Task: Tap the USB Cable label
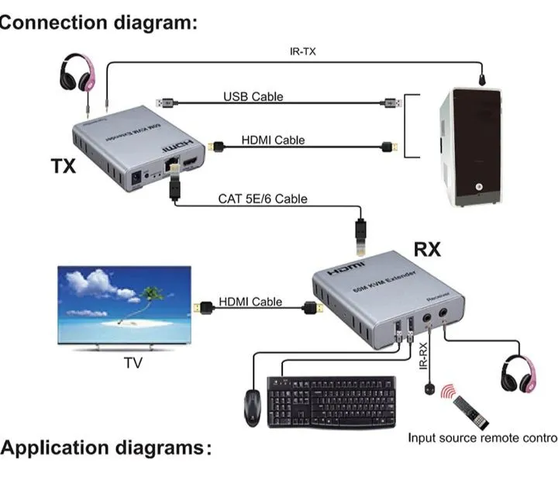click(x=253, y=97)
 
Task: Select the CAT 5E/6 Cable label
click(x=262, y=199)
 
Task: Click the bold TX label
click(x=64, y=166)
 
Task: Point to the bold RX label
click(x=427, y=250)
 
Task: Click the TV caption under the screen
click(x=134, y=362)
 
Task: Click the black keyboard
click(x=331, y=401)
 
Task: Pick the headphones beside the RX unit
click(x=519, y=374)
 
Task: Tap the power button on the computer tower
click(x=478, y=187)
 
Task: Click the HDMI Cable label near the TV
click(x=250, y=302)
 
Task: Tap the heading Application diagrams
click(x=105, y=448)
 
